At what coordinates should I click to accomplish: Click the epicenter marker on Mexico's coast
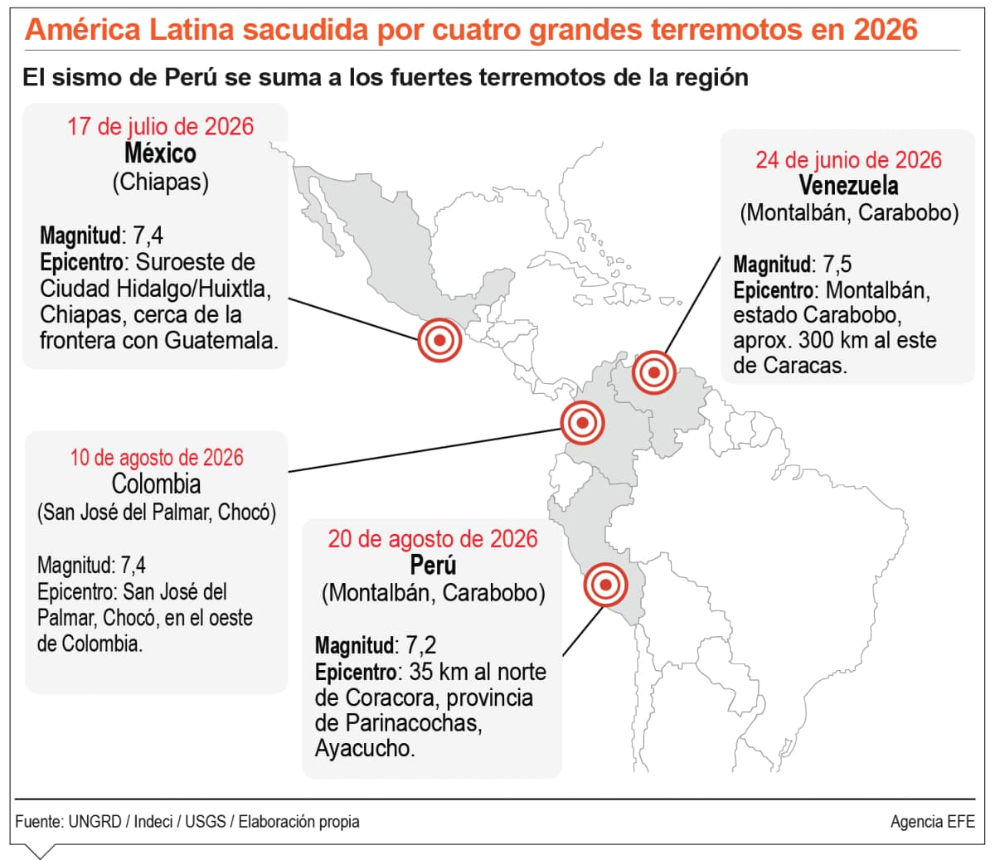[439, 340]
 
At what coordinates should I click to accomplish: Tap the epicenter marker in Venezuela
[653, 372]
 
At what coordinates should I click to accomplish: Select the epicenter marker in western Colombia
[582, 423]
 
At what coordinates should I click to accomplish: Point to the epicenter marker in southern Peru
[605, 585]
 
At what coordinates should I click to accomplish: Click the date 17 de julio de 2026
[160, 127]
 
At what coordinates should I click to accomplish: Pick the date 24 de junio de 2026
[848, 160]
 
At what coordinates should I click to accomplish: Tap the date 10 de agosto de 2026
[157, 458]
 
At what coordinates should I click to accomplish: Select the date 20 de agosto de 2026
[432, 539]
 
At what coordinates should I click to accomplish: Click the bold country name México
[160, 153]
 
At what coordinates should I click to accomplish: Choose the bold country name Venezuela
[848, 186]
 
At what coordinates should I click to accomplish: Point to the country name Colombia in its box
[157, 483]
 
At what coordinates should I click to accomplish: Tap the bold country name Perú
[433, 565]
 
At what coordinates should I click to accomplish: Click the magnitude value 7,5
[837, 264]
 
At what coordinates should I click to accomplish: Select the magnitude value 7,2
[420, 645]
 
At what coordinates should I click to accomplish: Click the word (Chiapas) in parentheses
[161, 182]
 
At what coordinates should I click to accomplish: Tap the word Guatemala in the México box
[221, 341]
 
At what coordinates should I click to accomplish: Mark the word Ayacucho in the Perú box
[364, 749]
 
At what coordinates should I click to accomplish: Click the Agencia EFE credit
[933, 822]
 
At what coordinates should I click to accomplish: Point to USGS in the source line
[205, 822]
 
